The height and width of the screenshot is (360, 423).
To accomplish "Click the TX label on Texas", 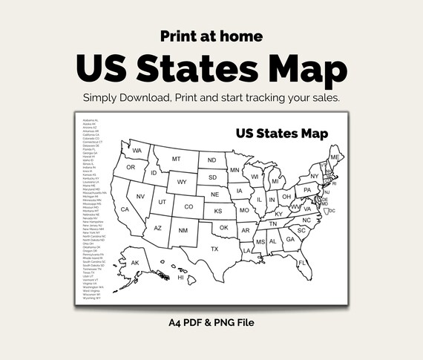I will pyautogui.click(x=214, y=249).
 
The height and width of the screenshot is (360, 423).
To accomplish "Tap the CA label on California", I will pyautogui.click(x=125, y=209).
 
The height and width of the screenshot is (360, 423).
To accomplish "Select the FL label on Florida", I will pyautogui.click(x=302, y=263).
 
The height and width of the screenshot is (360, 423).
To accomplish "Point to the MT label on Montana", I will pyautogui.click(x=177, y=159).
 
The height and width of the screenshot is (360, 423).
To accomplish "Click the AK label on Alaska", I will pyautogui.click(x=135, y=263).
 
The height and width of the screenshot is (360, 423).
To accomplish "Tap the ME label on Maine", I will pyautogui.click(x=335, y=157).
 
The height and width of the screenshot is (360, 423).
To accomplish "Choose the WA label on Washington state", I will pyautogui.click(x=137, y=151).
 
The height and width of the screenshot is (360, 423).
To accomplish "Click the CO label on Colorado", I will pyautogui.click(x=188, y=206).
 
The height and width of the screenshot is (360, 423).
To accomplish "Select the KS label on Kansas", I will pyautogui.click(x=218, y=211).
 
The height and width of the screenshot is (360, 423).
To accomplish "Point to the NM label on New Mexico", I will pyautogui.click(x=183, y=230).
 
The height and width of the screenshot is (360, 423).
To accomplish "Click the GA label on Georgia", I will pyautogui.click(x=290, y=239).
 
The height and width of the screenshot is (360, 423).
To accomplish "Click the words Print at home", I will pyautogui.click(x=211, y=35).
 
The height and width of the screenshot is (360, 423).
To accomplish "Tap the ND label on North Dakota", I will pyautogui.click(x=212, y=160).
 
